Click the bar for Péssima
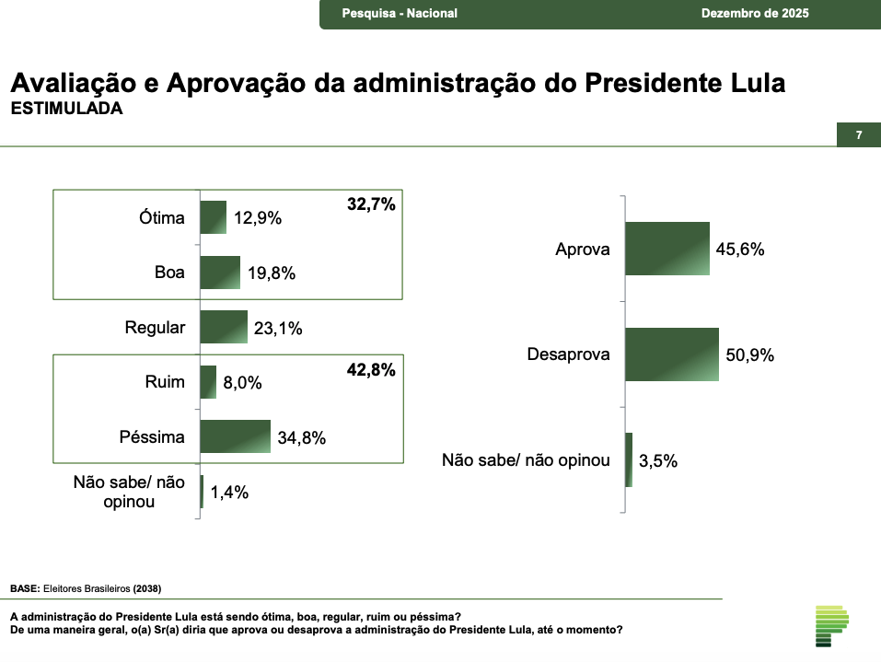235,436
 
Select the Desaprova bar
671,354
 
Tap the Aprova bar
667,249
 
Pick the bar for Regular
224,327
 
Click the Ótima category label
162,218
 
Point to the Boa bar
220,273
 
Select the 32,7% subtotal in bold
371,205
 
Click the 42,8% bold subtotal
371,370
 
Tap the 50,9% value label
749,355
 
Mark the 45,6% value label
740,250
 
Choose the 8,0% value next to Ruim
242,383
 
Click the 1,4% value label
229,493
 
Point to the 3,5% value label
658,461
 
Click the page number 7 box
858,135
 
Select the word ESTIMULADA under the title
66,109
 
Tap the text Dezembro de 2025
755,14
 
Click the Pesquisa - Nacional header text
400,14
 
